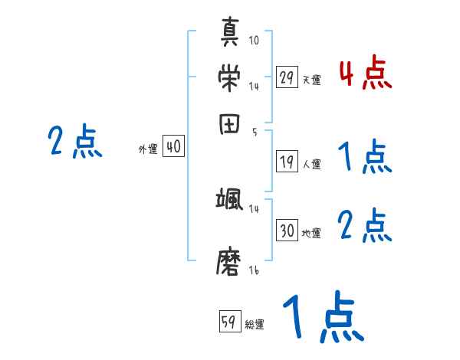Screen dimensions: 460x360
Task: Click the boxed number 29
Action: (287, 77)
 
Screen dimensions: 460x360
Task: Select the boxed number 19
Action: (287, 161)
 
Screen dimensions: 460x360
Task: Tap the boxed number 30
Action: (287, 230)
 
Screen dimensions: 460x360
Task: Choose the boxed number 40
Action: (173, 147)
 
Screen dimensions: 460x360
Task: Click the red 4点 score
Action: (365, 74)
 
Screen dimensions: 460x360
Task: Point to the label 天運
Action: (312, 80)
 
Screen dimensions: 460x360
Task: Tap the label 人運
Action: (312, 164)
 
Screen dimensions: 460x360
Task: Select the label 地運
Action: (312, 233)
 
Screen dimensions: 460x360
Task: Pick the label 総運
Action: (255, 324)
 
